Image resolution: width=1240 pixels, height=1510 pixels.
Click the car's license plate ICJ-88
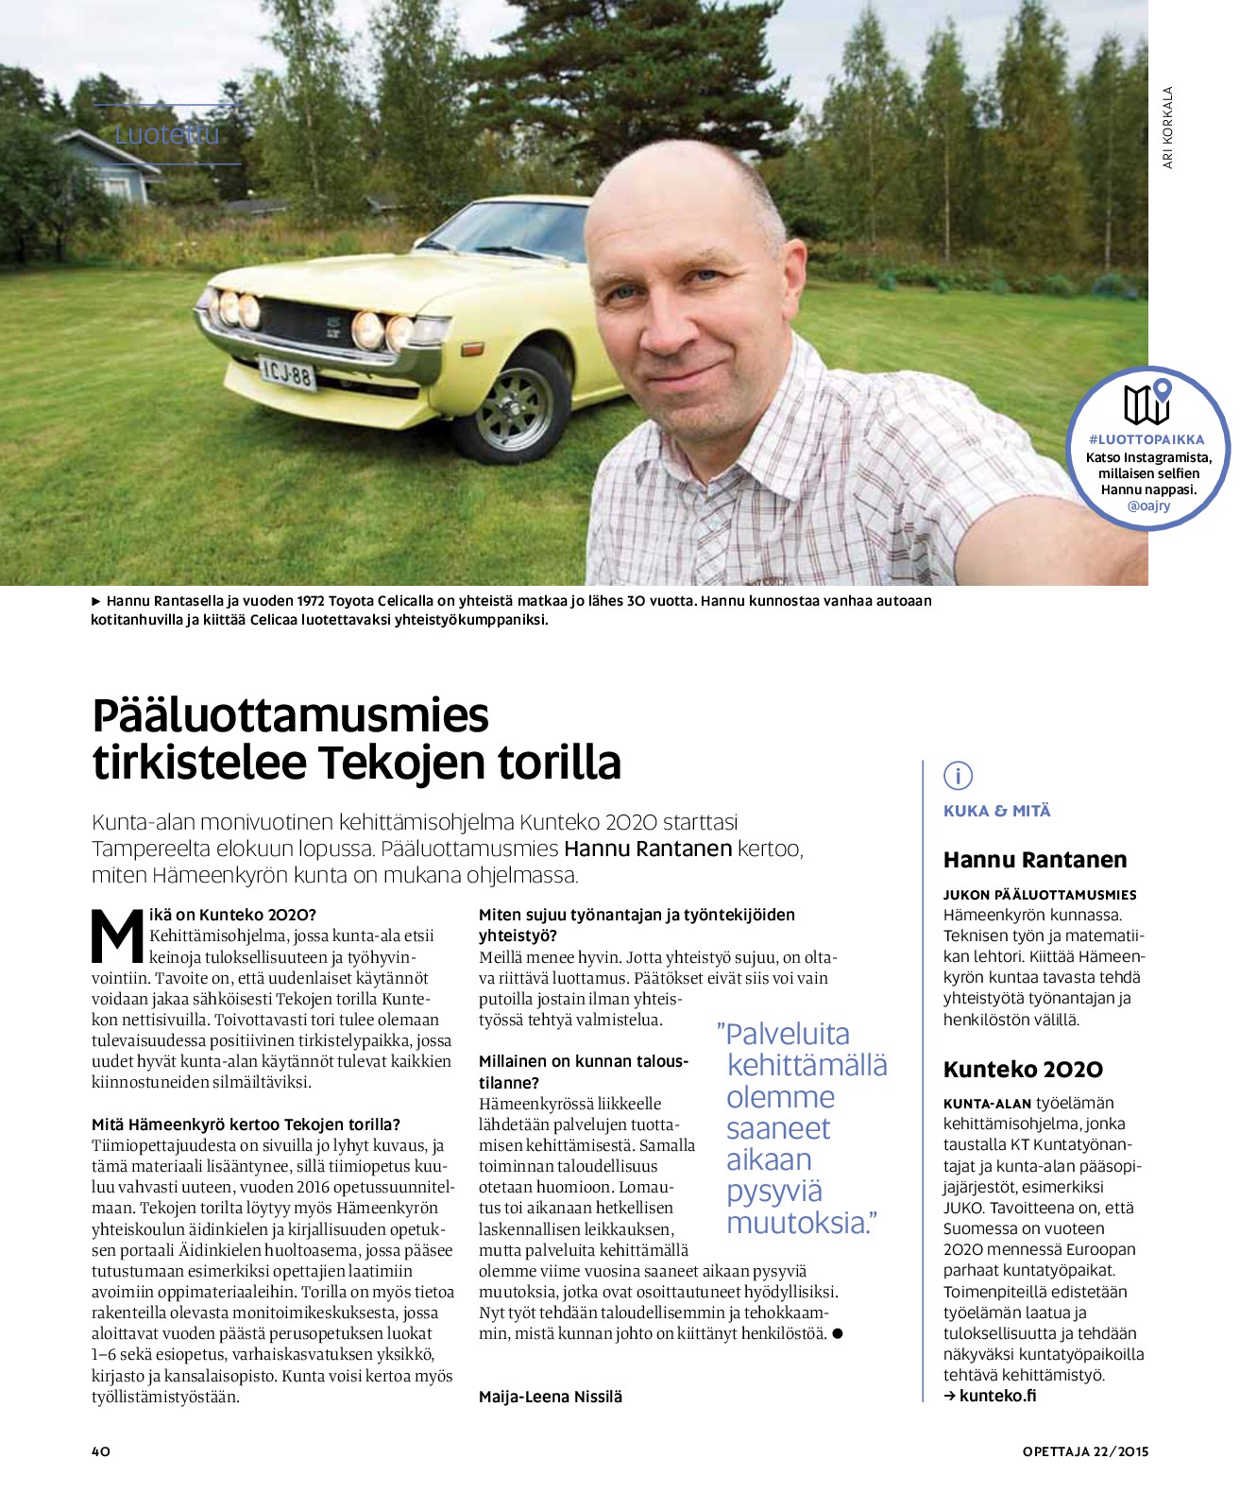point(287,372)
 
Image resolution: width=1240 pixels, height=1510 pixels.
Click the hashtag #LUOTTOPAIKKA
point(1147,439)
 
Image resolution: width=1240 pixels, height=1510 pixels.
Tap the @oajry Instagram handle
point(1148,506)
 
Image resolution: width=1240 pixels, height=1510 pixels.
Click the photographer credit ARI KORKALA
point(1168,128)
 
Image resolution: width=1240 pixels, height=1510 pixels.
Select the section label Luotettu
point(167,134)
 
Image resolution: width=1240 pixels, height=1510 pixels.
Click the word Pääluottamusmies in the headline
point(290,715)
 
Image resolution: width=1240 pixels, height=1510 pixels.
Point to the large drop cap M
point(117,935)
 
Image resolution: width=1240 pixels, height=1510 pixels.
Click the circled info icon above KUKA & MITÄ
point(958,776)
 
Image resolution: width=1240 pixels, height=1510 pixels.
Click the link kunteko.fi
point(997,1396)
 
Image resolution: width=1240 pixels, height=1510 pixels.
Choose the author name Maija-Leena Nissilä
point(551,1397)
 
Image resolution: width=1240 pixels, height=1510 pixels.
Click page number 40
point(101,1451)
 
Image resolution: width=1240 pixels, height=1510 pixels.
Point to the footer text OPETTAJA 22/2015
point(1085,1451)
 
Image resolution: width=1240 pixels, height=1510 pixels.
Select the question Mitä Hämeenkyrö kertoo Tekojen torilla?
point(246,1124)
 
